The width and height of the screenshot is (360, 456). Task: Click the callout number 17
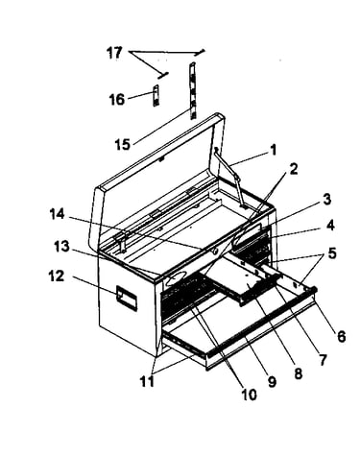pos(114,53)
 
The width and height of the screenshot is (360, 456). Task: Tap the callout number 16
pos(117,99)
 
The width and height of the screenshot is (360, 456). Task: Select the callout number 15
pos(123,145)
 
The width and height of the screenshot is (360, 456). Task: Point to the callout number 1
pos(273,150)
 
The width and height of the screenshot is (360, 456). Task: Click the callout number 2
pos(294,169)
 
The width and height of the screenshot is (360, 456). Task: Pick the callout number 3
pos(326,199)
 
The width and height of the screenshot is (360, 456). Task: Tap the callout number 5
pos(332,253)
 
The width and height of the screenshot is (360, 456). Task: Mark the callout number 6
pos(342,336)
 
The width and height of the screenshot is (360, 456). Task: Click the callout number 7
pos(323,359)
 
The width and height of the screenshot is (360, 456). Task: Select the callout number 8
pos(298,373)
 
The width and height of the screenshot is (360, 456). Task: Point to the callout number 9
pos(272,382)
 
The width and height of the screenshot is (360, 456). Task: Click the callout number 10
pos(249,395)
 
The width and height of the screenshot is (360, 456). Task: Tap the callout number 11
pos(147,381)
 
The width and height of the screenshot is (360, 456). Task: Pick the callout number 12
pos(57,276)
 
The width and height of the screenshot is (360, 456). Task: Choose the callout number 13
pos(61,247)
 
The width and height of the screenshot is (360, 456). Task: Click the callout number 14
pos(58,214)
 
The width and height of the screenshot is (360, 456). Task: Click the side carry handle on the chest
pos(127,299)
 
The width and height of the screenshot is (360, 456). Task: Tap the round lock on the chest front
pos(214,252)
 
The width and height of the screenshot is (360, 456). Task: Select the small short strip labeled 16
pos(156,96)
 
